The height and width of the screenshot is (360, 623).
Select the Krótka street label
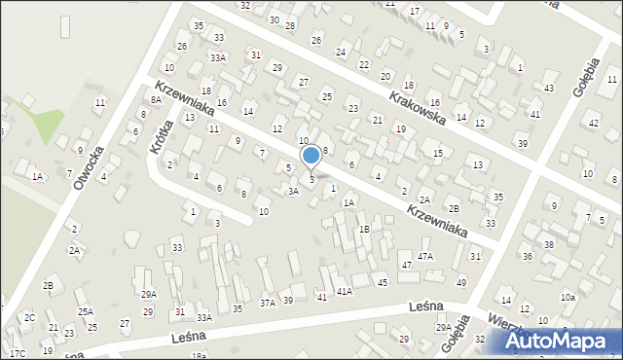coord(161,137)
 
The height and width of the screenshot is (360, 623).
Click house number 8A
coord(156,99)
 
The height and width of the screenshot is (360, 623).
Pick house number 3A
coord(292,192)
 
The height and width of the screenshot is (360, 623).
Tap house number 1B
coord(364,229)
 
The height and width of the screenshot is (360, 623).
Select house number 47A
coord(425,256)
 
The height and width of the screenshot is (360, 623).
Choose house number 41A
coord(344,291)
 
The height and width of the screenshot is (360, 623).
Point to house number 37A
coord(267,303)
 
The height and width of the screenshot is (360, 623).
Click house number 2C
coord(29,318)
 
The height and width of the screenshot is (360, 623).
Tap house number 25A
coord(86,311)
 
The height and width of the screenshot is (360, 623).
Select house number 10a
coord(567,297)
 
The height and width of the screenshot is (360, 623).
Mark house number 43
coord(549,89)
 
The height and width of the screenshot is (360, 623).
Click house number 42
coord(594,123)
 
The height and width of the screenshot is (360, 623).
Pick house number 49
coord(461,282)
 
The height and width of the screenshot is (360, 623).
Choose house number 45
coord(383,282)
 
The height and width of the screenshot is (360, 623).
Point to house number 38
coord(549,244)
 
